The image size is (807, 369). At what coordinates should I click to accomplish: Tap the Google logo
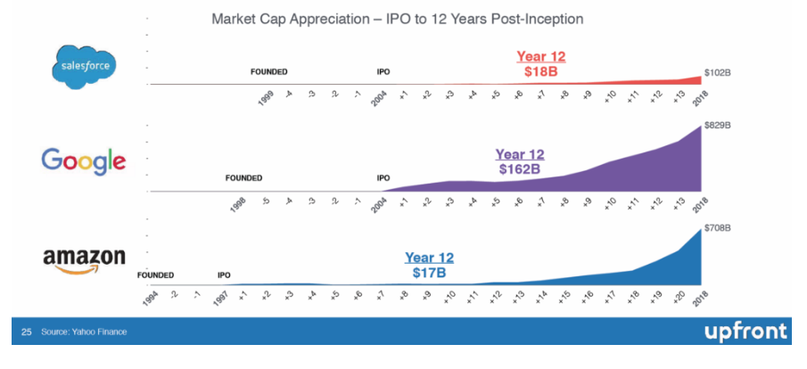(x=83, y=161)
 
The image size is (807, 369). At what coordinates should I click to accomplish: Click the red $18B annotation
(x=541, y=72)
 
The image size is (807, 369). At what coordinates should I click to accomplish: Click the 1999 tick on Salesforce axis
(x=265, y=98)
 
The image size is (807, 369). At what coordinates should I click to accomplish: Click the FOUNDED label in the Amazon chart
(x=155, y=275)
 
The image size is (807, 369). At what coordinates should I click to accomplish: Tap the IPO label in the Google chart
(x=383, y=178)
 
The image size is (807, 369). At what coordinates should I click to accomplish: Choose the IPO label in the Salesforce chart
(x=383, y=72)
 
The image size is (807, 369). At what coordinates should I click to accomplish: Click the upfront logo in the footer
(x=746, y=332)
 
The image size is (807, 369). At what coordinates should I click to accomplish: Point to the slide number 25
(x=26, y=332)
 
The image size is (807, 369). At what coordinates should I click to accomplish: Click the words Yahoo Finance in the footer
(x=100, y=332)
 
